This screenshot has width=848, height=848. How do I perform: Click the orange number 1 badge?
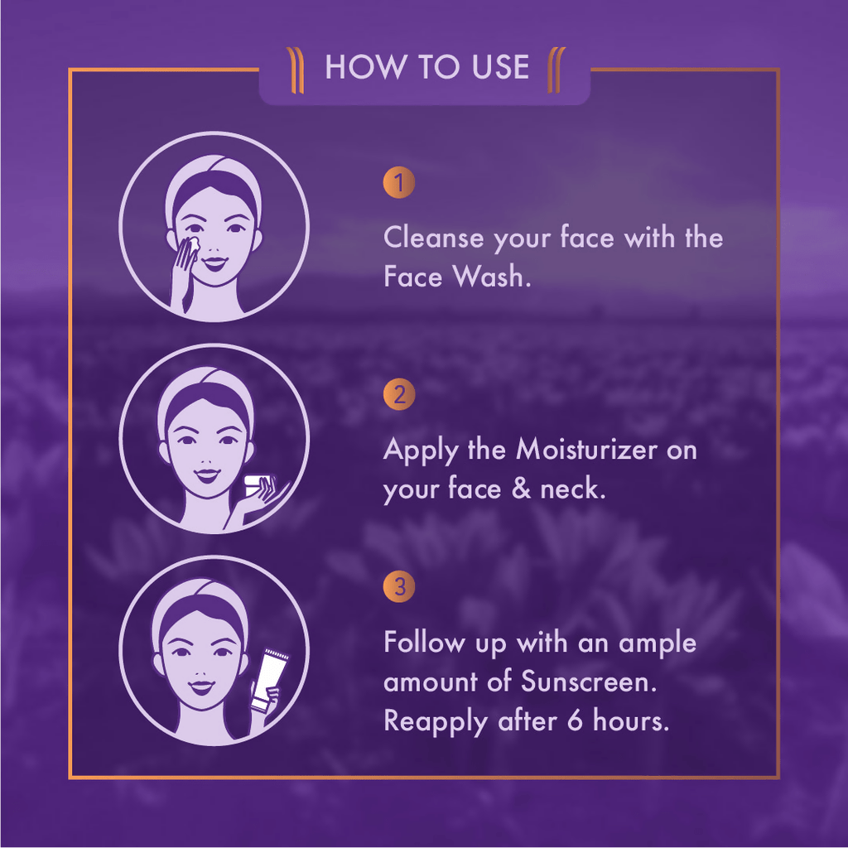[x=399, y=183]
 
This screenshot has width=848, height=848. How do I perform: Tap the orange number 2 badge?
[x=399, y=394]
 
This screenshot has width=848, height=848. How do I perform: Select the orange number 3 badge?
[x=399, y=586]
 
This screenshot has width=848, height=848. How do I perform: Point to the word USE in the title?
[x=500, y=67]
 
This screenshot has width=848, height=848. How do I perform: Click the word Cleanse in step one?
[x=433, y=238]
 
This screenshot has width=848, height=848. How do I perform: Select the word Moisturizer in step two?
[x=586, y=450]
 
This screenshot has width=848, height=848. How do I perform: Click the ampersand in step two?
[x=521, y=489]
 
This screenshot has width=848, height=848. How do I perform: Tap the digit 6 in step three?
[x=576, y=721]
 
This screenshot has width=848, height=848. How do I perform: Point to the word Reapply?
[x=436, y=722]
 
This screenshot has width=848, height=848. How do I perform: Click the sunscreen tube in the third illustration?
[x=269, y=680]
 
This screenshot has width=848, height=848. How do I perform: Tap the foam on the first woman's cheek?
[x=193, y=243]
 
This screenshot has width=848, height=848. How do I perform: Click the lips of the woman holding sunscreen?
[x=202, y=687]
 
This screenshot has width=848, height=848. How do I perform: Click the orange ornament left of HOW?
[x=295, y=70]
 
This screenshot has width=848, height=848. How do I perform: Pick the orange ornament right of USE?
[x=556, y=70]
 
